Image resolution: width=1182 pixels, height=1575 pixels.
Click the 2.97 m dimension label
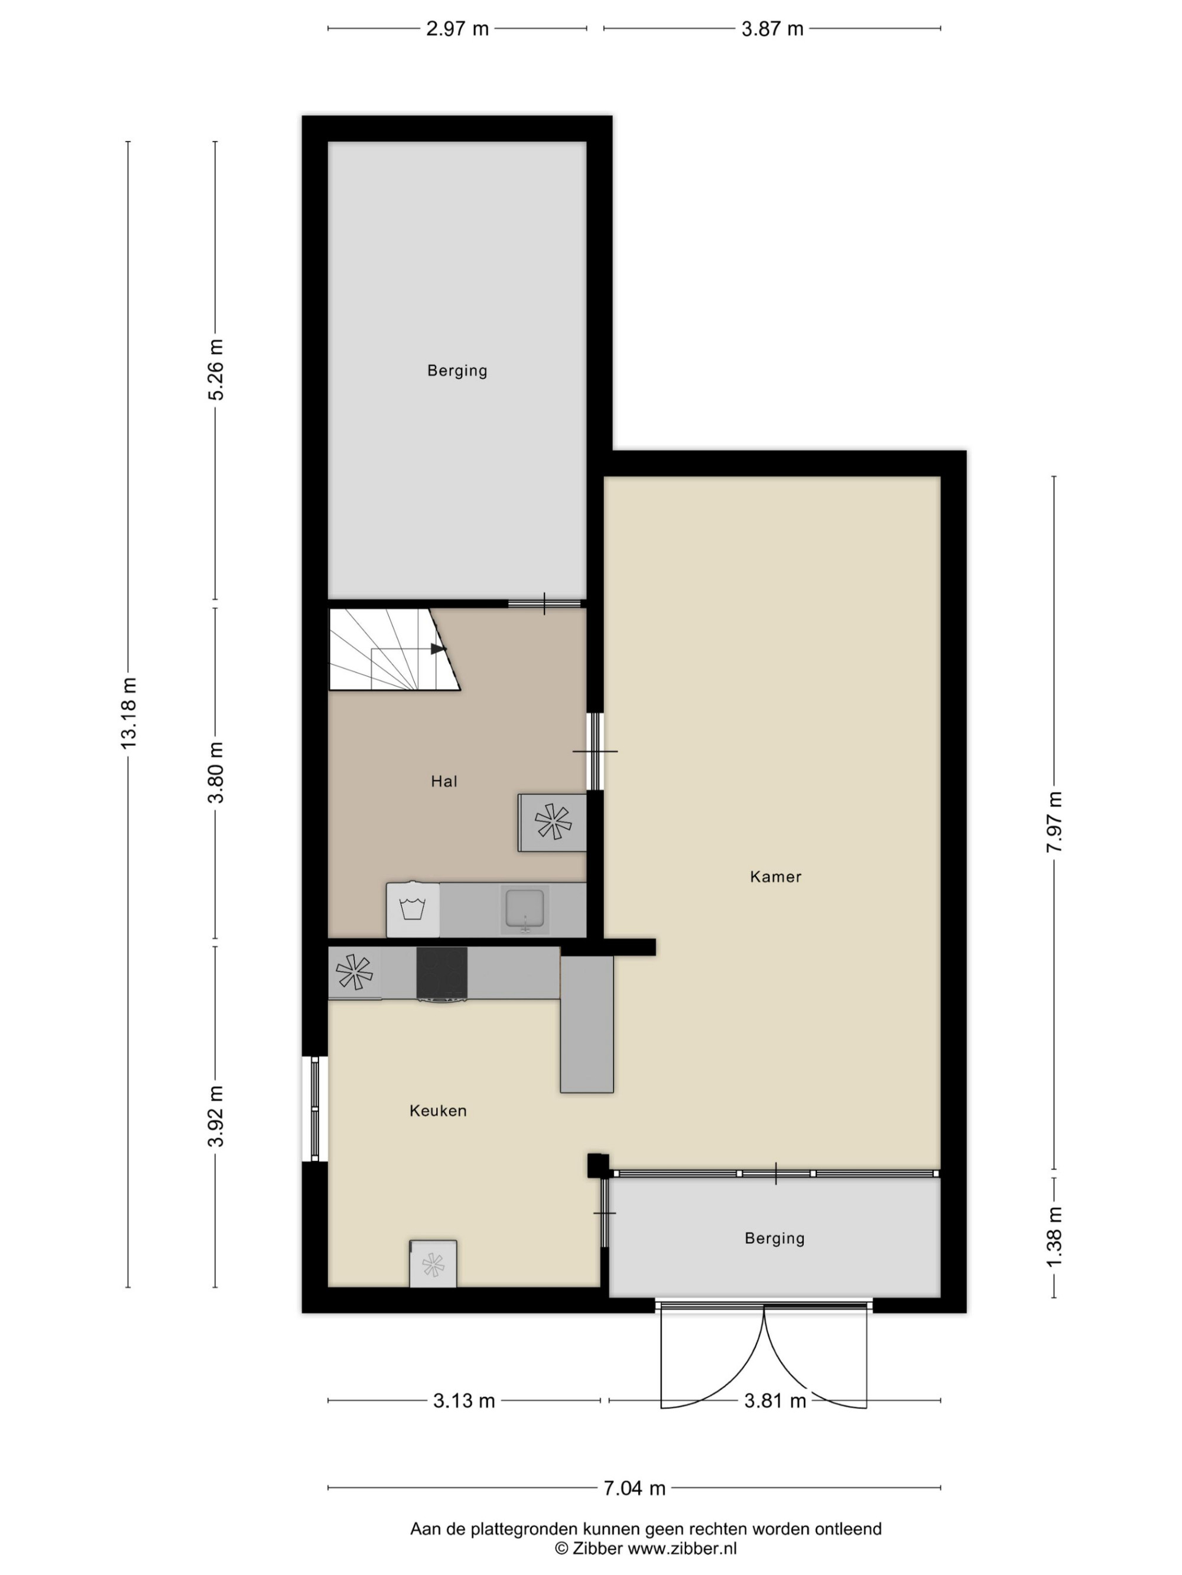[457, 29]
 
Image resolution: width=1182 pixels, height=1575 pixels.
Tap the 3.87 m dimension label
[772, 29]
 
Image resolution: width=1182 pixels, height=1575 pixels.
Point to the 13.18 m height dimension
[128, 713]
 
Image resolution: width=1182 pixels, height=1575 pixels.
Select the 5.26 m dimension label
[215, 370]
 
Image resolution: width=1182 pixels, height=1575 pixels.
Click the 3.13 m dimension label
[464, 1401]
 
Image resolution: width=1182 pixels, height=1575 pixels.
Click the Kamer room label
[775, 876]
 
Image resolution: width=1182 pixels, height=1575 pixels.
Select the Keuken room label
[437, 1110]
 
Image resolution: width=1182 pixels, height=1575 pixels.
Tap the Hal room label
[444, 781]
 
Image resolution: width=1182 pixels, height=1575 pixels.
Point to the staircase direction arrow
[437, 648]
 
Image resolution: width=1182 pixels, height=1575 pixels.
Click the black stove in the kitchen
[441, 973]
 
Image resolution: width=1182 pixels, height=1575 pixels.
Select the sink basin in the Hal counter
[525, 908]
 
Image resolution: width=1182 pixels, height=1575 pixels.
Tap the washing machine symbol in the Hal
[413, 910]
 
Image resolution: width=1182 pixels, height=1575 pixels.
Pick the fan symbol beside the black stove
[354, 972]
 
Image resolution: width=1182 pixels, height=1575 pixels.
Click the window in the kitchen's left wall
[315, 1108]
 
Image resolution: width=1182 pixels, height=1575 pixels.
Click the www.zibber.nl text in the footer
[682, 1548]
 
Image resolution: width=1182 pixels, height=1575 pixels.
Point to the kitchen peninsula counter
[586, 1023]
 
